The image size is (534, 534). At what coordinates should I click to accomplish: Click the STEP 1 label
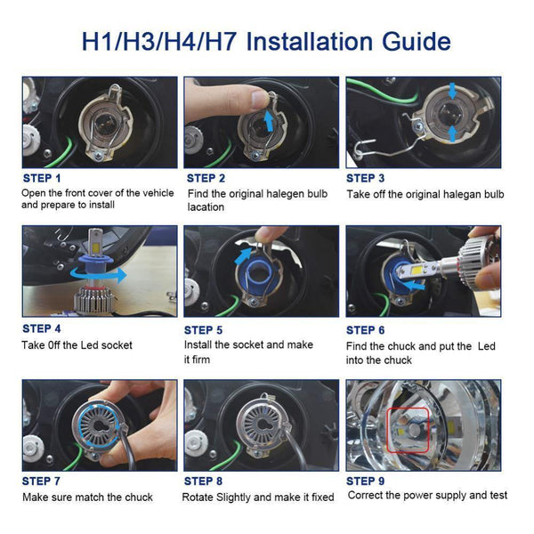click(44, 178)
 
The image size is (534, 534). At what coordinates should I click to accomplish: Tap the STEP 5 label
click(205, 329)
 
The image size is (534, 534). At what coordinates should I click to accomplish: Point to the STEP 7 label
click(44, 481)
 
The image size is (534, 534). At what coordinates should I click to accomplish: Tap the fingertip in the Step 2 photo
click(259, 96)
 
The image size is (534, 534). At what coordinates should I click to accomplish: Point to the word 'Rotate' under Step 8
click(201, 498)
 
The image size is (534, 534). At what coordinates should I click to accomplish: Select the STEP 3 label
click(366, 178)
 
